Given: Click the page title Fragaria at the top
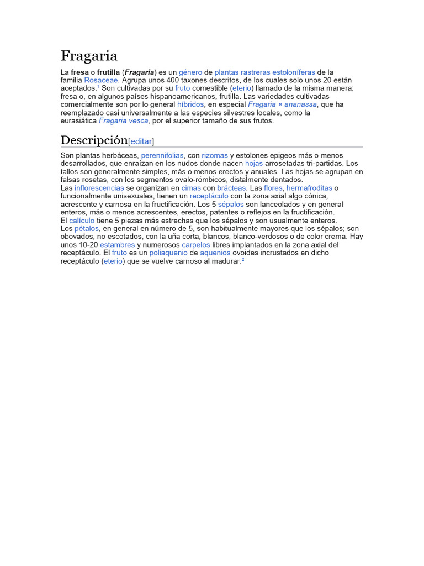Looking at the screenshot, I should click(x=88, y=56).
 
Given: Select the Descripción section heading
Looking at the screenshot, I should click(x=94, y=139).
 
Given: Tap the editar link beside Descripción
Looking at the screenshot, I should click(x=141, y=141).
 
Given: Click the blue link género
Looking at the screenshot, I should click(x=190, y=72).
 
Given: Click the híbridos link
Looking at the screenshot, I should click(x=190, y=104).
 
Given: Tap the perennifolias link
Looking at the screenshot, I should click(x=162, y=156).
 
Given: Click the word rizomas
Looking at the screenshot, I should click(x=215, y=156).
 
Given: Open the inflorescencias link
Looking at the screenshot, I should click(x=99, y=188).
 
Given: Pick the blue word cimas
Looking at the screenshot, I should click(x=191, y=188).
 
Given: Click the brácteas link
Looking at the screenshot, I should click(x=231, y=188).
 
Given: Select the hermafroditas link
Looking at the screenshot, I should click(x=309, y=188).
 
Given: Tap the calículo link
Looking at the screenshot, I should click(x=82, y=220).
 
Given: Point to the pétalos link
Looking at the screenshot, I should click(x=87, y=228).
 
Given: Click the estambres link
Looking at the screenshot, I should click(x=117, y=244).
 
